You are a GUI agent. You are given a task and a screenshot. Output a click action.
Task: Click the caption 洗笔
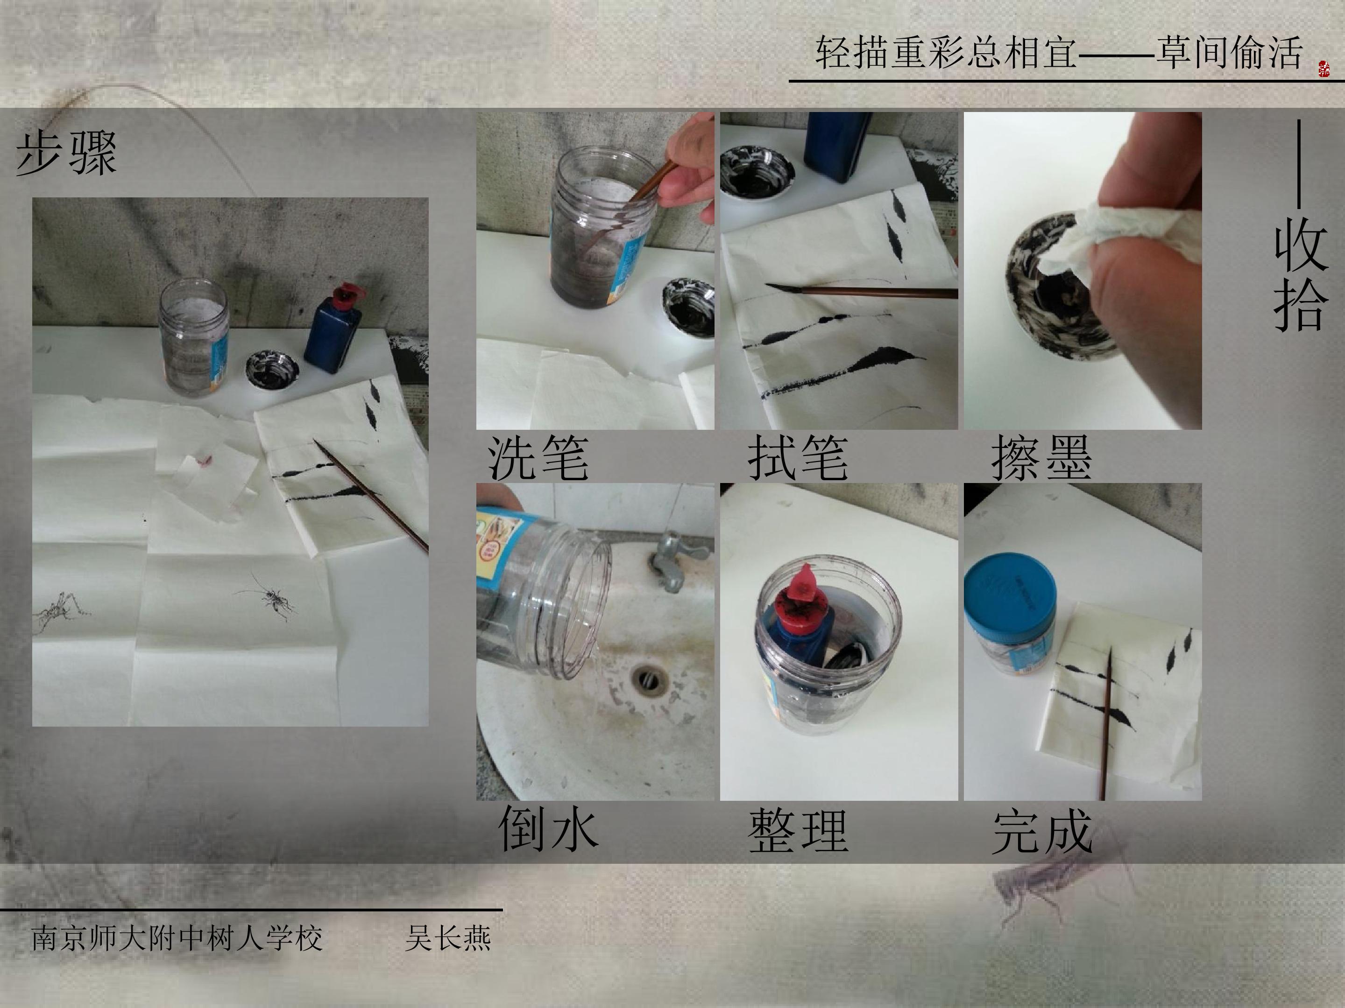coord(538,457)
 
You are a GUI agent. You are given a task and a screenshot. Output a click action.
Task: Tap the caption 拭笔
coord(798,457)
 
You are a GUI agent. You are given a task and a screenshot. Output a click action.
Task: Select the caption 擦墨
coord(1041,457)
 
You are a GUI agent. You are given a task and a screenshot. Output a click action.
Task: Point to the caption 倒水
coord(548,829)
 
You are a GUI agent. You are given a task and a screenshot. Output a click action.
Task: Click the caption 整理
coord(798,831)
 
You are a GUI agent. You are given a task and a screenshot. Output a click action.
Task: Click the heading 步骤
coord(66,153)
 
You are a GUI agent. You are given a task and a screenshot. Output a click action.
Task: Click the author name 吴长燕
coord(447,938)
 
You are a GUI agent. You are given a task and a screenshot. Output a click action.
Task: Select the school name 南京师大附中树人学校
coord(177,938)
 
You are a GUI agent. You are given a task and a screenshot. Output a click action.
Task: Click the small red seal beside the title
coord(1324,68)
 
